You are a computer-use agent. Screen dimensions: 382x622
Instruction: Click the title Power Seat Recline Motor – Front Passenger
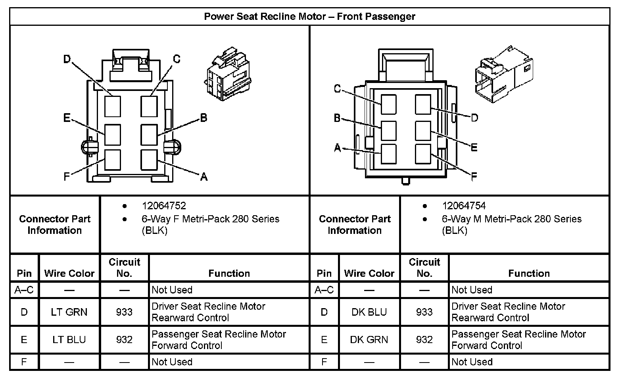[309, 17]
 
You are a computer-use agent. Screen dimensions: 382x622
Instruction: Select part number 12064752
[164, 206]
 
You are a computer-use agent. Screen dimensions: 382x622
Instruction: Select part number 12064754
[464, 206]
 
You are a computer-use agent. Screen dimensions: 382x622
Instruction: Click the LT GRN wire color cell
[69, 312]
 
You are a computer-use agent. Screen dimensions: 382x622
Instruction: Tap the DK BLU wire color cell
[369, 312]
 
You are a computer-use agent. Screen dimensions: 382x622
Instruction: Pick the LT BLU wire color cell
[69, 340]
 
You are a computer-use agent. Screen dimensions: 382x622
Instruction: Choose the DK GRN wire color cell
[369, 340]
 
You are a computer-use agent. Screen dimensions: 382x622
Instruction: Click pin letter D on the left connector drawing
[67, 60]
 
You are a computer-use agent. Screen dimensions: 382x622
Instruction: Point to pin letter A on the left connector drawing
[204, 177]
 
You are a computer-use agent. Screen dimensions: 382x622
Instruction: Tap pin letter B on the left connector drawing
[203, 118]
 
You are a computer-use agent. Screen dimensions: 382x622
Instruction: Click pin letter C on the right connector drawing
[337, 89]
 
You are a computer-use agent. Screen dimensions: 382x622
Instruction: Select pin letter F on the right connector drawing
[474, 177]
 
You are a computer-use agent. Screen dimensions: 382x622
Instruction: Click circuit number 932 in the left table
[124, 340]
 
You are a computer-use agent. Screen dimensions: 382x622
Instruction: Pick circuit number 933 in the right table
[424, 312]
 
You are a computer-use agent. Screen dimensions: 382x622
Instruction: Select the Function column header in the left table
[229, 273]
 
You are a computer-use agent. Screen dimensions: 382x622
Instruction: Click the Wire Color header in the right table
[369, 273]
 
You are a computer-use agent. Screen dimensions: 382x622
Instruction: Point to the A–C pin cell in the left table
[24, 290]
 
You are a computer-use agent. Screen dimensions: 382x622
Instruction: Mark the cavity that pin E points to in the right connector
[423, 131]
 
